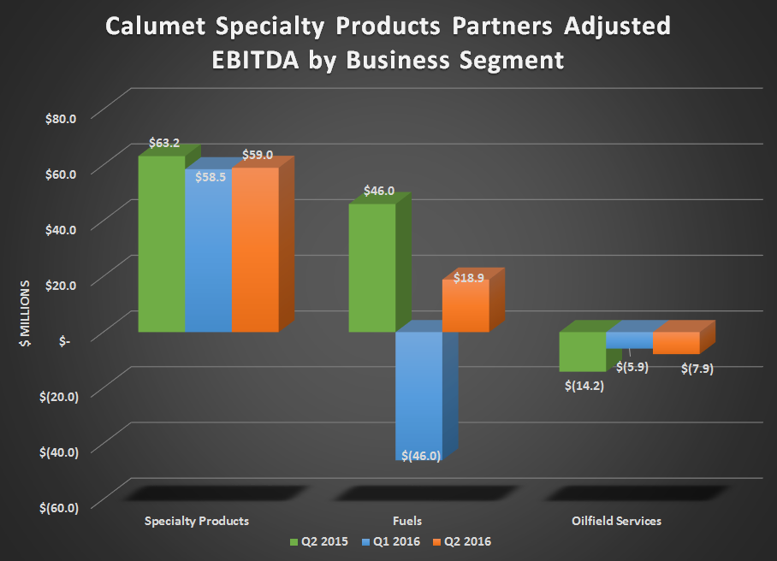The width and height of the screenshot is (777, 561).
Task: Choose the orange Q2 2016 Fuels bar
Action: (x=466, y=305)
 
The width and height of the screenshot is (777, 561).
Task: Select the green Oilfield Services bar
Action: (x=582, y=351)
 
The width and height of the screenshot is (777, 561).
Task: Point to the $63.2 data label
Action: (x=163, y=143)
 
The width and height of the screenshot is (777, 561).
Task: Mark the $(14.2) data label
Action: (x=584, y=385)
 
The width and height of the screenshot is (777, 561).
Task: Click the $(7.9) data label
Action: (x=696, y=369)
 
